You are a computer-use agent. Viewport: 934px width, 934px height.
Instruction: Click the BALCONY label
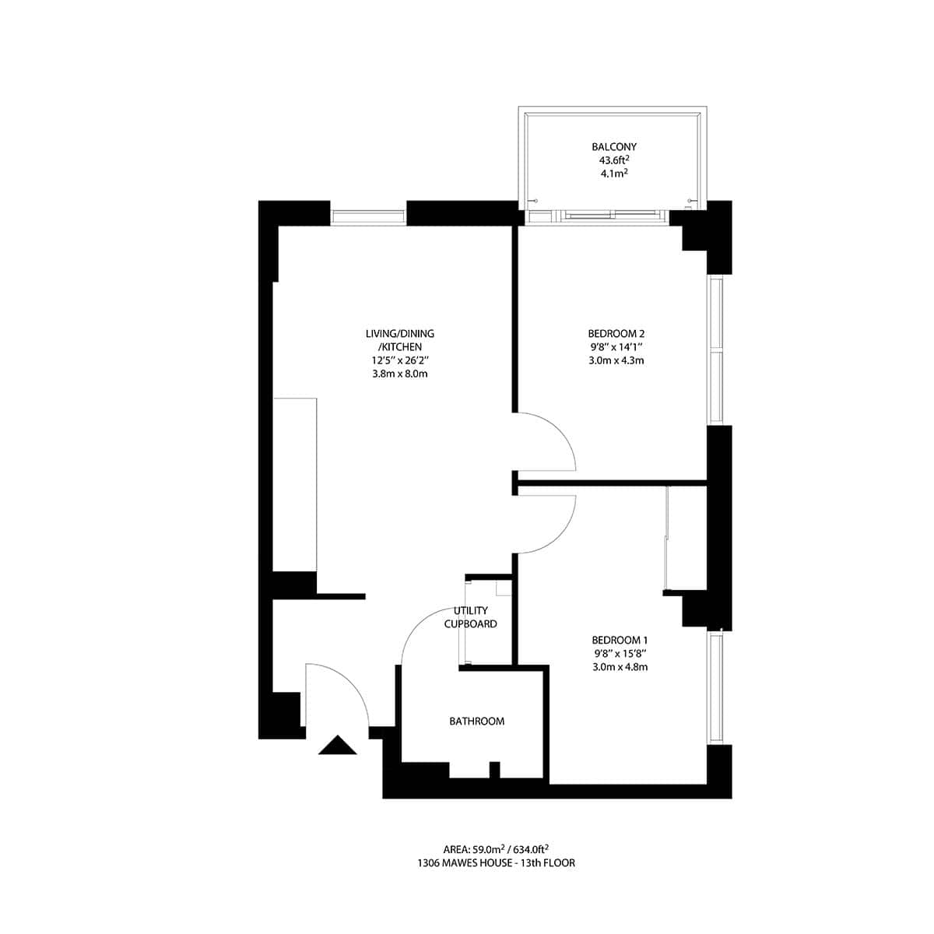[614, 146]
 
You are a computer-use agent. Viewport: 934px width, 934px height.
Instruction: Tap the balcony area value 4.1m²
[614, 174]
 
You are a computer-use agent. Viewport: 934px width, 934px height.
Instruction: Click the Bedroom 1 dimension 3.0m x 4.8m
[620, 666]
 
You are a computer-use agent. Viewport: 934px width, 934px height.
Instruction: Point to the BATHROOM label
[476, 722]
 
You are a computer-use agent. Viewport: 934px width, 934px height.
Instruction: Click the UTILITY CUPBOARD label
[470, 617]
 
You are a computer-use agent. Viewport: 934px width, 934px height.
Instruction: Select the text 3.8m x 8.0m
[400, 374]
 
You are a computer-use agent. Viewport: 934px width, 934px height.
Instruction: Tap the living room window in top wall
[369, 217]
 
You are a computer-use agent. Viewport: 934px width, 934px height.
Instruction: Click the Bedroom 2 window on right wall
[716, 350]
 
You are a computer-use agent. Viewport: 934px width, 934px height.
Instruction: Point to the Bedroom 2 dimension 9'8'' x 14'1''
[620, 347]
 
